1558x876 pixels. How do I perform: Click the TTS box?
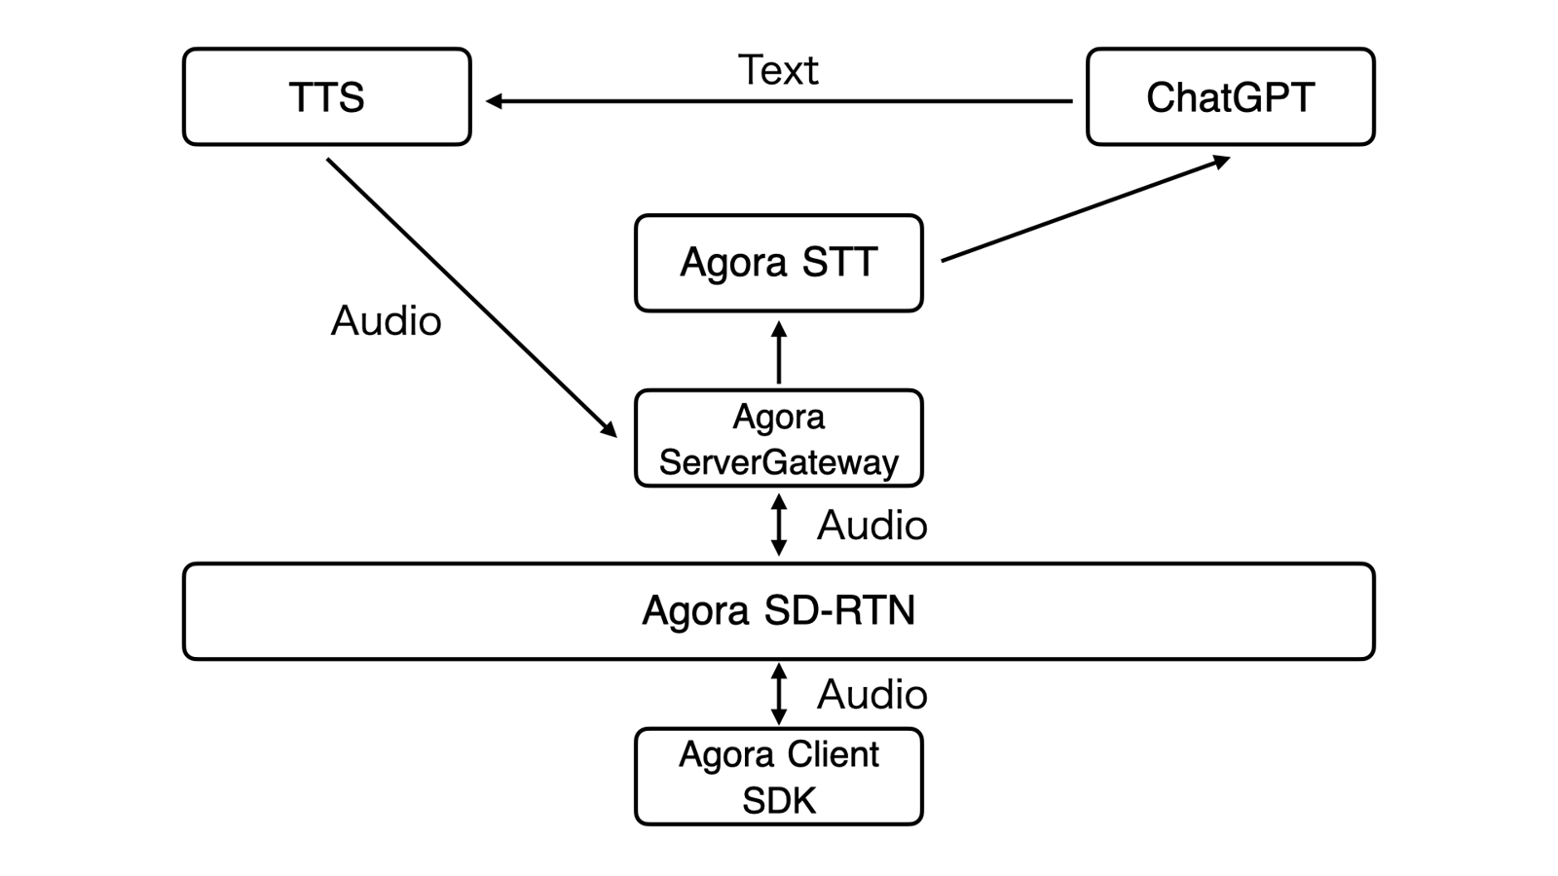[x=326, y=97]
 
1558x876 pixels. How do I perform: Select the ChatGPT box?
[x=1230, y=97]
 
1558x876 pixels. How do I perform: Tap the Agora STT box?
[x=778, y=263]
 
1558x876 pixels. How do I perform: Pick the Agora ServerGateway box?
[x=778, y=438]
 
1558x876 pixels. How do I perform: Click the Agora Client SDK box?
[x=778, y=777]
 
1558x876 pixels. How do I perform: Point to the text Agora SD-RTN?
[x=778, y=611]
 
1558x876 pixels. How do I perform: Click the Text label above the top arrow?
[x=778, y=70]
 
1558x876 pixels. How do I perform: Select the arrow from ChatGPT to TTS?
[x=779, y=101]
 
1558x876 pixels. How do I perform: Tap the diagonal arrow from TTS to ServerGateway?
[x=471, y=297]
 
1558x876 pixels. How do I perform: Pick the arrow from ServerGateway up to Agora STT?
[x=779, y=352]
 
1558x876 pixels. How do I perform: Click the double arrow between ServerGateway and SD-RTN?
[x=779, y=525]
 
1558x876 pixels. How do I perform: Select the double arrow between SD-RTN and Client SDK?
[x=779, y=694]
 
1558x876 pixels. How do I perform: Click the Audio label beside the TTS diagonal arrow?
[x=387, y=321]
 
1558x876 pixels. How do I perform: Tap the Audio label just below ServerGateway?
[x=872, y=526]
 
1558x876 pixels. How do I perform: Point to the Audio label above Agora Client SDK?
[x=872, y=695]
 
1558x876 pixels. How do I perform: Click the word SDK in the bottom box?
[x=779, y=800]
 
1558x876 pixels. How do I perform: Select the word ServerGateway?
[x=778, y=462]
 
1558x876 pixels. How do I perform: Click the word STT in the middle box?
[x=839, y=263]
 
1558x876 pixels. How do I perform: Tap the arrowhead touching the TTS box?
[x=494, y=101]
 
